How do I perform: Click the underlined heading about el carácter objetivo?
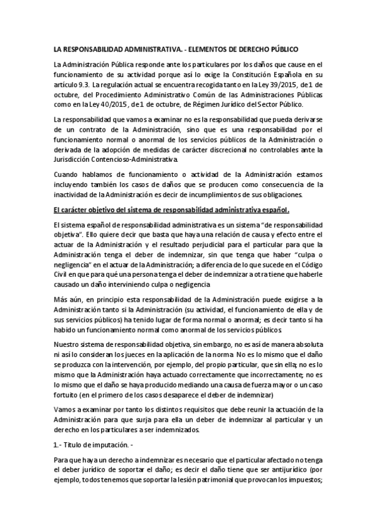(172, 210)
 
